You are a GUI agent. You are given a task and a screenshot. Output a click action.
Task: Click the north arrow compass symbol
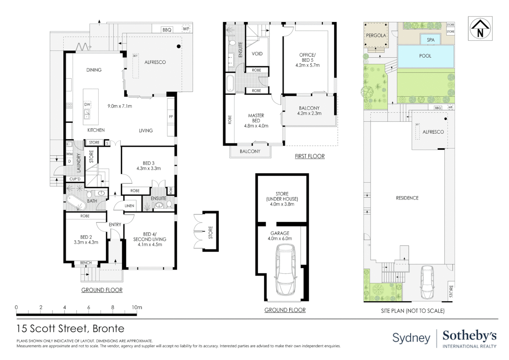point(480,29)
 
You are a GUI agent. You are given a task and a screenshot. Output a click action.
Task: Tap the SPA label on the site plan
point(430,40)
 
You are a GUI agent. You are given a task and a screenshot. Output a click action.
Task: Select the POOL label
point(425,56)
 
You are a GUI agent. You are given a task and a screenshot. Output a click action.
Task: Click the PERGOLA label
point(376,35)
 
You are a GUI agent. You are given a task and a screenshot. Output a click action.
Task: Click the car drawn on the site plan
point(427,282)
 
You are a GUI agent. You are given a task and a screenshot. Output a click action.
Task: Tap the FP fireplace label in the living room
point(171,117)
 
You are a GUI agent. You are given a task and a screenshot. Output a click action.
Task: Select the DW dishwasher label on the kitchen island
point(87,104)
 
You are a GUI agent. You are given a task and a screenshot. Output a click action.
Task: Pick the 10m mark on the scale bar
point(137,307)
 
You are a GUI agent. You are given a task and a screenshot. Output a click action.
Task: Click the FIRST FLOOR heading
point(309,156)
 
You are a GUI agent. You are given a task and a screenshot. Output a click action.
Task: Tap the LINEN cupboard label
point(129,206)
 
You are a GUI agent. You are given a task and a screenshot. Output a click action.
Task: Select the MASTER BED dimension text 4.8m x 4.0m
point(256,126)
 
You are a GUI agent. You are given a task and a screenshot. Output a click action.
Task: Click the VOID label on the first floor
point(257,53)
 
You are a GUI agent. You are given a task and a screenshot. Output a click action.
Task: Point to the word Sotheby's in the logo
point(469,336)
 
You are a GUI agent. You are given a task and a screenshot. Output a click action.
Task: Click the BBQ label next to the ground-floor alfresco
point(167,30)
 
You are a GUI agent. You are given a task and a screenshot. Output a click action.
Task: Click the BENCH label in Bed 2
point(86,263)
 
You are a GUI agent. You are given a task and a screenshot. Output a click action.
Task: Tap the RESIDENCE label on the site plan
point(407,198)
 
